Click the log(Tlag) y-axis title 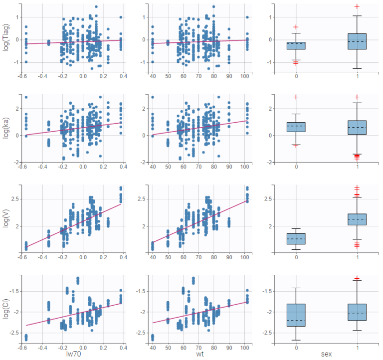6,37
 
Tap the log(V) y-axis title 6,219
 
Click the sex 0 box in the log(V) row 296,239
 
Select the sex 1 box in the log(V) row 357,219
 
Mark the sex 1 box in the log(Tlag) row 357,41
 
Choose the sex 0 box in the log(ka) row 296,127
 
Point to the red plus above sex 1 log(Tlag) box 357,6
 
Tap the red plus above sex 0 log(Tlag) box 296,27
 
